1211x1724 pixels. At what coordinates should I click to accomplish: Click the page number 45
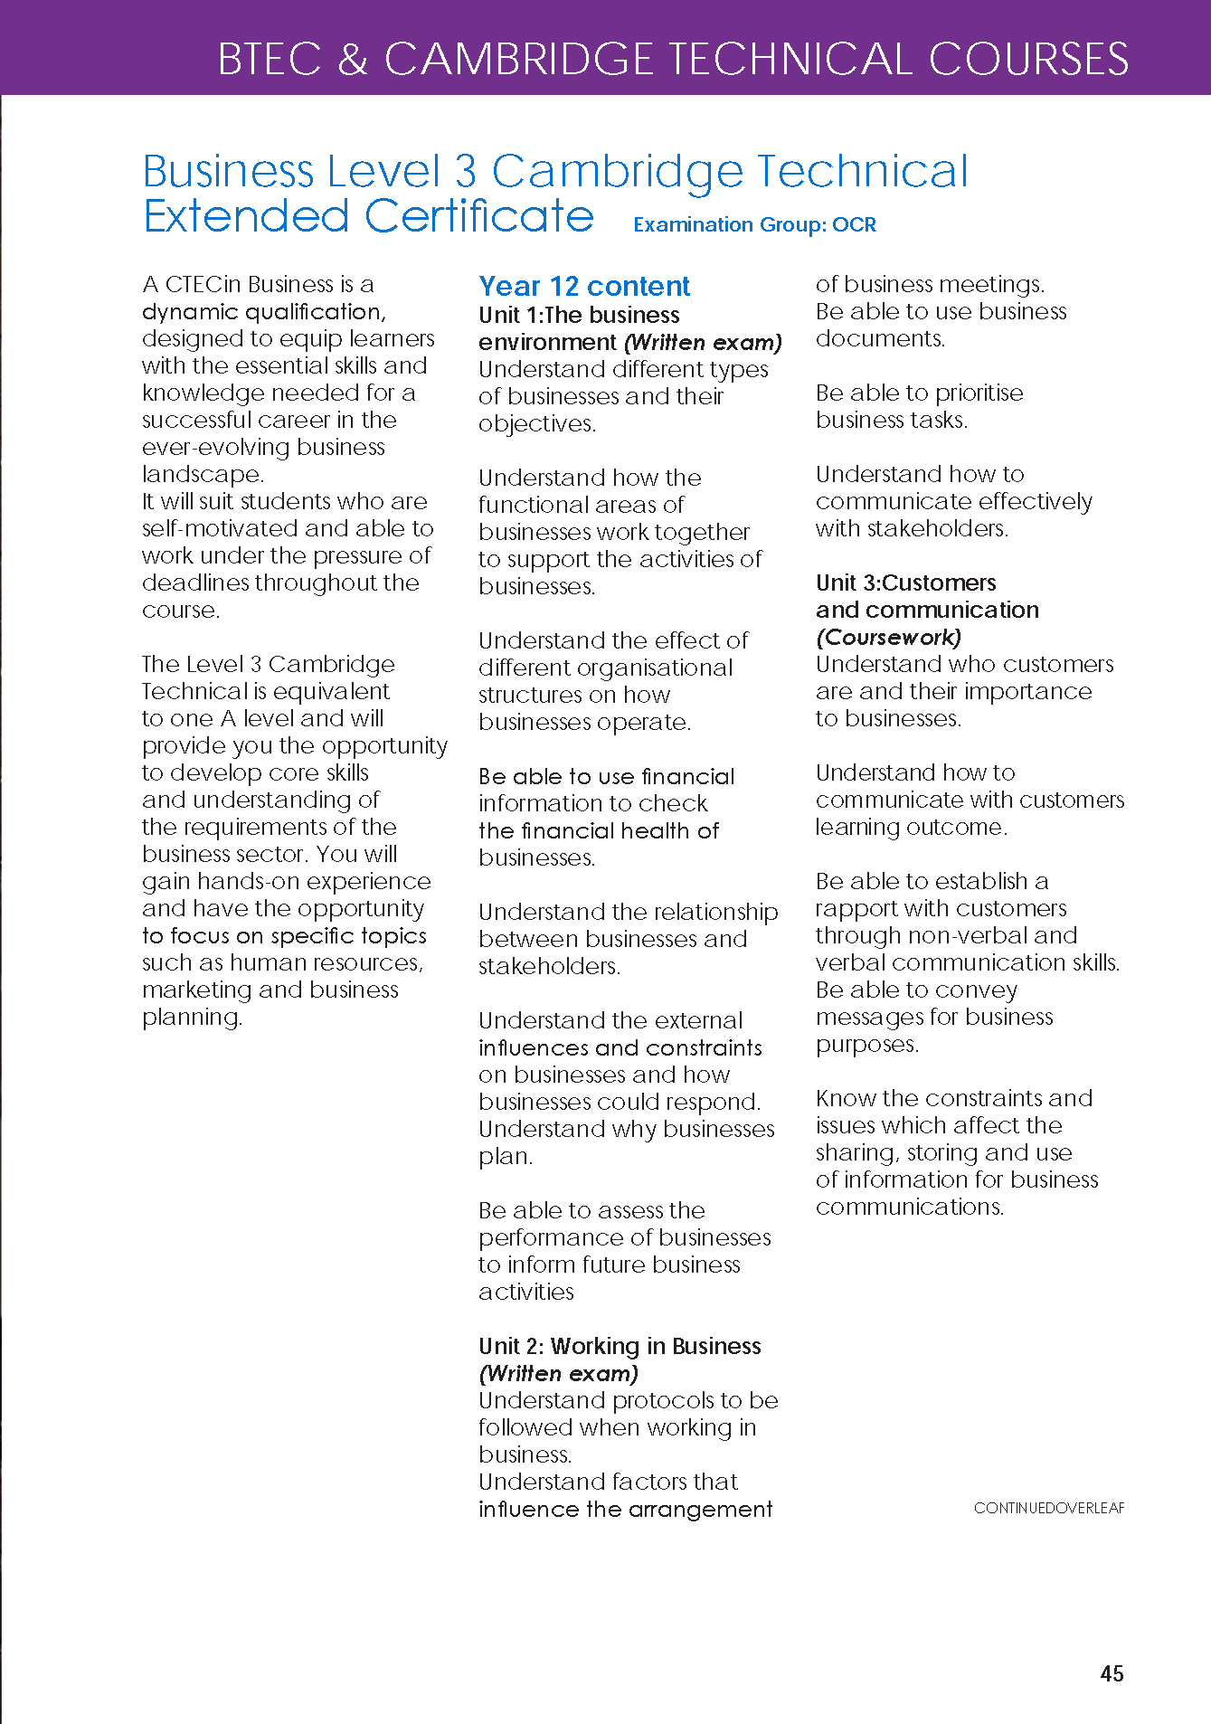(x=1112, y=1673)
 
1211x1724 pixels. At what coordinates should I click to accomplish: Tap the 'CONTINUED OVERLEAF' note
(x=1049, y=1508)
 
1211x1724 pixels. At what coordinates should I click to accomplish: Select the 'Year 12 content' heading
(x=584, y=286)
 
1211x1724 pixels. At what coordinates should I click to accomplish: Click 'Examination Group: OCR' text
(x=754, y=224)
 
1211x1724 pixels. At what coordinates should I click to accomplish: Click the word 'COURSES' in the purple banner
(x=1028, y=59)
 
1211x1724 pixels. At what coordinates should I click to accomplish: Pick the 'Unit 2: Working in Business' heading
(x=620, y=1346)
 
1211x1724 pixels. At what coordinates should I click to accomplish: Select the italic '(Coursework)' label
(x=888, y=637)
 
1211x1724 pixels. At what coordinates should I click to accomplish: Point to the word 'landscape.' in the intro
(x=203, y=474)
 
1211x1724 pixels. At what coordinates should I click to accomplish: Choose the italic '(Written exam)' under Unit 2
(x=558, y=1373)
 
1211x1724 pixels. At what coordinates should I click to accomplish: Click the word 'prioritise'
(x=979, y=393)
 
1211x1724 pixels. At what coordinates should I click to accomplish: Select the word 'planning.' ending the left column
(x=192, y=1018)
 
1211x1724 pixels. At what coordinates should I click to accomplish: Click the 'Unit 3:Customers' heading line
(x=905, y=583)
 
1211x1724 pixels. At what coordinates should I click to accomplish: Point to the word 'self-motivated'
(x=221, y=528)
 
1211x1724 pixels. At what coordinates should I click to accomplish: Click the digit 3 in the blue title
(x=465, y=171)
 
